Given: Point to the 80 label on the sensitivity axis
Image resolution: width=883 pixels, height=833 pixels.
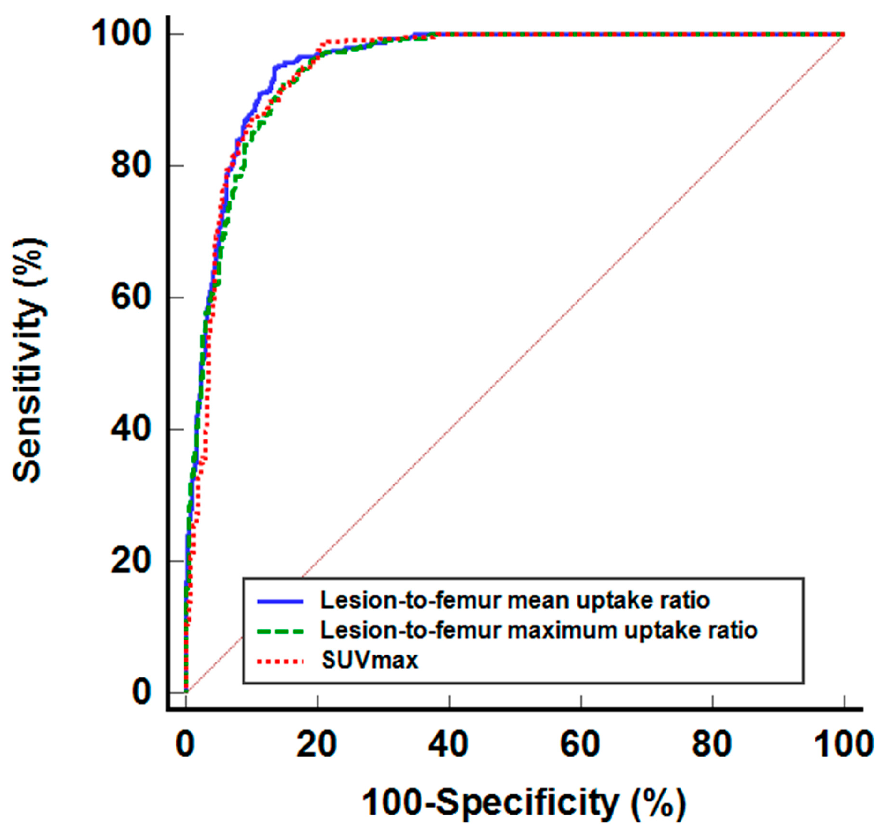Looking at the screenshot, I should click(131, 165).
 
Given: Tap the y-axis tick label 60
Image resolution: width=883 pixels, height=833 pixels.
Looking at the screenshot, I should click(131, 297).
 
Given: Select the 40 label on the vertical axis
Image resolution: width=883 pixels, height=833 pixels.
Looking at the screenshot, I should click(131, 429).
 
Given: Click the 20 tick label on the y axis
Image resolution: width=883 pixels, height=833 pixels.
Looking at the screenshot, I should click(131, 561).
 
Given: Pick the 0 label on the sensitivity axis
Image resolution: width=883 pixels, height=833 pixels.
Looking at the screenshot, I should click(141, 692).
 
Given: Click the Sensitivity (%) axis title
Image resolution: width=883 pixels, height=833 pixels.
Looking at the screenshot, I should click(28, 360).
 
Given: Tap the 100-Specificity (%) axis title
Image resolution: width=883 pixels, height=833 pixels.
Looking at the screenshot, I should click(524, 802).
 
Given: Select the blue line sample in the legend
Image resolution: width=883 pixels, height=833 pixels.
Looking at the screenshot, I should click(280, 601).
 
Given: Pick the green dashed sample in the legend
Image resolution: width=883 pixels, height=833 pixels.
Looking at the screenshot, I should click(280, 631).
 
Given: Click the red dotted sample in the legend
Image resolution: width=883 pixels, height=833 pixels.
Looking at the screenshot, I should click(280, 661).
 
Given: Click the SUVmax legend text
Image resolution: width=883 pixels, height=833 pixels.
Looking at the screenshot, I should click(370, 661).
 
